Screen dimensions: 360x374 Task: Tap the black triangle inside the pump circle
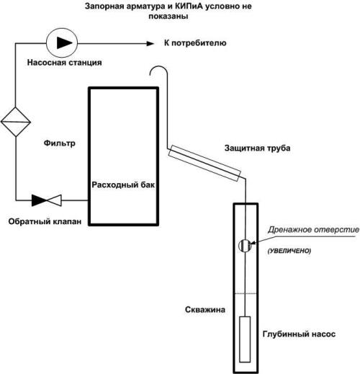coord(64,43)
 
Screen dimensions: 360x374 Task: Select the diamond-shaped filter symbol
coord(16,122)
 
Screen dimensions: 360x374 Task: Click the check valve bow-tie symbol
coord(47,200)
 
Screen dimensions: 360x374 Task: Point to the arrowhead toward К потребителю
coord(150,43)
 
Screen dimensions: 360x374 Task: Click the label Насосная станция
coord(64,63)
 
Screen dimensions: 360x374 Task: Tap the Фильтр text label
coord(60,143)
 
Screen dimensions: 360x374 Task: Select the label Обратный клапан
coord(45,221)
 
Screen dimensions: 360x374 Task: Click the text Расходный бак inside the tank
coord(123,184)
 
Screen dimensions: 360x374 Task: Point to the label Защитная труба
coord(257,148)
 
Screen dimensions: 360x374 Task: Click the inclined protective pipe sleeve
coord(204,163)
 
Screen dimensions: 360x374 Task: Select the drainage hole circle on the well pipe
coord(245,245)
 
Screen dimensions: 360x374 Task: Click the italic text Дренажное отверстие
coord(313,230)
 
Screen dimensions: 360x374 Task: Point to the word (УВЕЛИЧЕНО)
coord(289,251)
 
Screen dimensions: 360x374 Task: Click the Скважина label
coord(205,310)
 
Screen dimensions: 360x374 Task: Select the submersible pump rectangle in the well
coord(245,339)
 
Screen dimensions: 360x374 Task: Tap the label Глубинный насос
coord(299,334)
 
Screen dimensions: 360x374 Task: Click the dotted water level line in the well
coord(246,293)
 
